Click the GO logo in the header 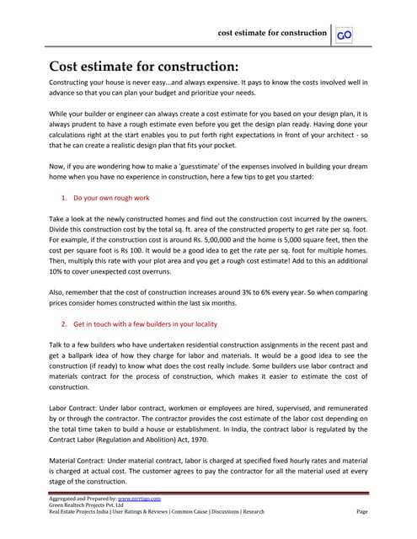(x=344, y=35)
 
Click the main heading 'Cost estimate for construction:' (x=143, y=67)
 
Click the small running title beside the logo (x=272, y=33)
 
